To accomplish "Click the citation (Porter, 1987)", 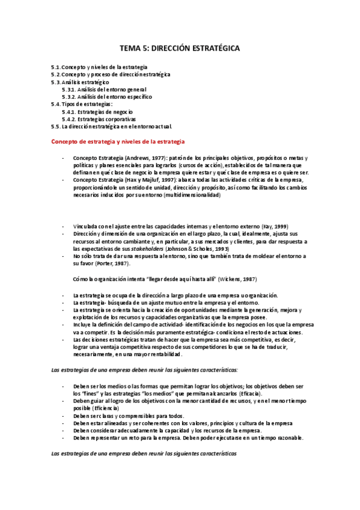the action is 113,263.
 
